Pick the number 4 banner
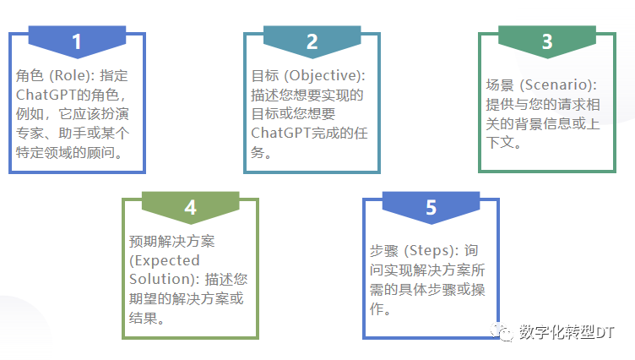tap(190, 208)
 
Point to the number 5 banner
tap(431, 208)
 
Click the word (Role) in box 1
tap(71, 74)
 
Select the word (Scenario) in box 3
tap(557, 86)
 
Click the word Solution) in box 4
tap(159, 279)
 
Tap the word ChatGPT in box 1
tap(46, 94)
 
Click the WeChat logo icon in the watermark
tap(503, 333)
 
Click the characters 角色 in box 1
tap(30, 74)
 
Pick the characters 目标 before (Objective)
tap(265, 74)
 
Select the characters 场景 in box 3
tap(500, 86)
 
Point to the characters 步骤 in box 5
tap(384, 251)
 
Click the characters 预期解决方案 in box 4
tap(168, 240)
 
